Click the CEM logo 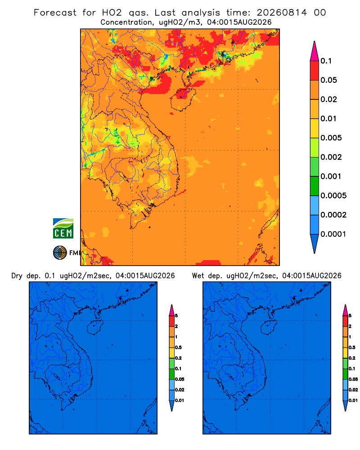point(63,228)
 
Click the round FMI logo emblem point(60,252)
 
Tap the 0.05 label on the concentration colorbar point(328,80)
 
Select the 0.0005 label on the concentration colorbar point(333,196)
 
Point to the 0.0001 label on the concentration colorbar point(333,234)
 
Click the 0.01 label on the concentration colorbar point(328,118)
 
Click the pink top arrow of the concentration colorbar point(315,51)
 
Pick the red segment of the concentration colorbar point(315,70)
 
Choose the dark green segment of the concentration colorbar point(315,186)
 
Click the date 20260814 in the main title point(282,13)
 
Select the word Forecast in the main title point(55,13)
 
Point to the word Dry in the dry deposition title point(17,276)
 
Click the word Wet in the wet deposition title point(198,276)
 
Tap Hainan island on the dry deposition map point(95,328)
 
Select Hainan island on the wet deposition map point(269,328)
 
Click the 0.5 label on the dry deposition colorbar point(179,347)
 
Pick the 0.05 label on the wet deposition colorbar point(353,379)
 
